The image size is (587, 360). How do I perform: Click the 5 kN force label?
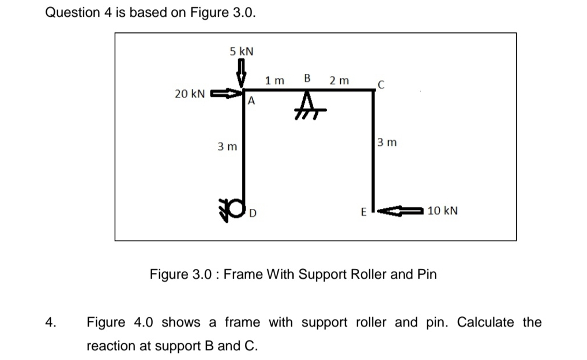pyautogui.click(x=242, y=51)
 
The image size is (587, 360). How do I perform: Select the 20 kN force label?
pyautogui.click(x=189, y=93)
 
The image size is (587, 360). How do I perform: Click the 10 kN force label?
pyautogui.click(x=443, y=211)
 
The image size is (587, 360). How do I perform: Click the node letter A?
pyautogui.click(x=252, y=102)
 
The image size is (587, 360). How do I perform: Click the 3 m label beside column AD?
pyautogui.click(x=227, y=147)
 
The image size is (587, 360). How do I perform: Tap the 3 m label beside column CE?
pyautogui.click(x=387, y=142)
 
